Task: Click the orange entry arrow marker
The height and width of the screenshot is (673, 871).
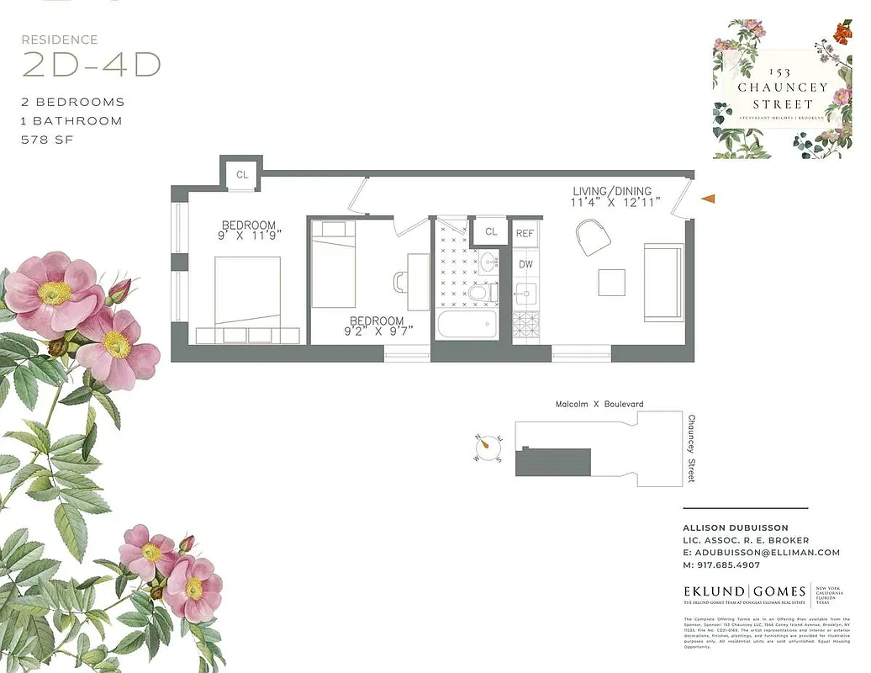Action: coord(708,199)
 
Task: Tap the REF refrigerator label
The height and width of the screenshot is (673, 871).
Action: coord(525,233)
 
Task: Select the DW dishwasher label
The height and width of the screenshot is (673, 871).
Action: coord(525,264)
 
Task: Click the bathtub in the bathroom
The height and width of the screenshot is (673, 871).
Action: coord(467,324)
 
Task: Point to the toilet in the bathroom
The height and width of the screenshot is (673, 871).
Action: coord(478,292)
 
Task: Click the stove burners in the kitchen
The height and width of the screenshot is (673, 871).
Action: coord(525,323)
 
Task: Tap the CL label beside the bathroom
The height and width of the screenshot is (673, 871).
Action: coord(491,231)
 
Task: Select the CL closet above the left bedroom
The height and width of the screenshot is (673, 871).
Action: coord(242,175)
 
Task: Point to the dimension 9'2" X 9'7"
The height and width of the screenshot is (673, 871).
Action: coord(377,332)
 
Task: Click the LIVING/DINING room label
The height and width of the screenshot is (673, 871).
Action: coord(612,191)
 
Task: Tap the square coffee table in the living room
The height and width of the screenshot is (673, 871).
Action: coord(611,282)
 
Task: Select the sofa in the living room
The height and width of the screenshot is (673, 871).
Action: coord(663,282)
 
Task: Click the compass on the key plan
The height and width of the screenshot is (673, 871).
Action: coord(488,448)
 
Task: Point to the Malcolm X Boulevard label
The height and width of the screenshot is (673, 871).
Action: coord(599,405)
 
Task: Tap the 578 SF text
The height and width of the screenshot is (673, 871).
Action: coord(47,140)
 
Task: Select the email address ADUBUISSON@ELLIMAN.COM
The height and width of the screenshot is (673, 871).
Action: coord(762,552)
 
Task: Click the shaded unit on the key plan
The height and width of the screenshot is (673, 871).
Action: coord(553,462)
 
